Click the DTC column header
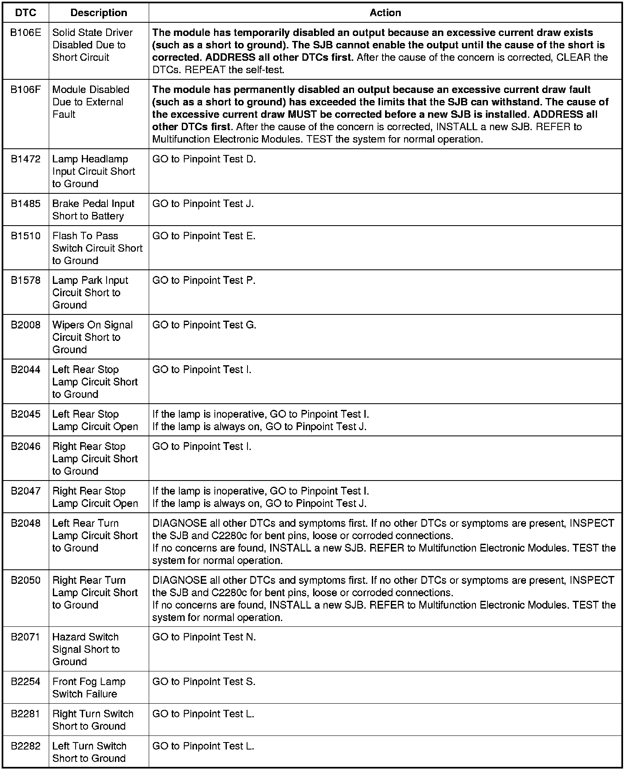point(26,13)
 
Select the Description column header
point(99,13)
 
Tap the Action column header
point(385,13)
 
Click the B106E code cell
point(26,33)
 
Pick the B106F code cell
point(26,90)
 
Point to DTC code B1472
point(26,159)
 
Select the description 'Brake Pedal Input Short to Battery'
point(93,209)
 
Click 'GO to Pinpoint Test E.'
point(204,236)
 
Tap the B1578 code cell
point(26,281)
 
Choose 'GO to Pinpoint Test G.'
point(205,325)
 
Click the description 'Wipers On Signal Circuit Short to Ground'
point(93,337)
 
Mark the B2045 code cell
point(26,414)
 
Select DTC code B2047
point(26,491)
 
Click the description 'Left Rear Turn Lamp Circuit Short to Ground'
point(95,535)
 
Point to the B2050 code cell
point(26,581)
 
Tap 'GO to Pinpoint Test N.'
point(204,637)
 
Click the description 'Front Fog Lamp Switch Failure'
point(89,688)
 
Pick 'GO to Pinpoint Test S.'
point(204,682)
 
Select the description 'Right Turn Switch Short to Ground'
point(93,720)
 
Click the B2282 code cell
point(26,746)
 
